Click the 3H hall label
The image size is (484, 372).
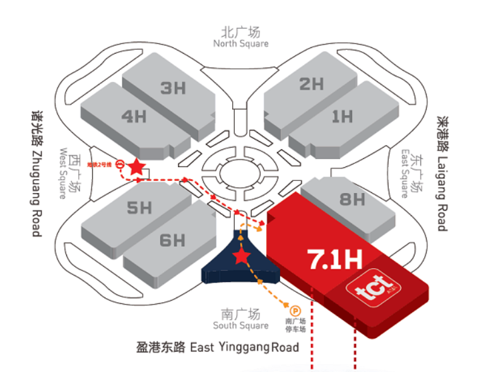[x=173, y=88]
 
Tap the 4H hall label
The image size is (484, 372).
[x=134, y=117]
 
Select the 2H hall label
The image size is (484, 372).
[x=311, y=84]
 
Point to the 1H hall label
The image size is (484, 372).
[x=342, y=116]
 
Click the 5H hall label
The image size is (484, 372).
[x=139, y=207]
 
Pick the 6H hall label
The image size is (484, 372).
[x=172, y=240]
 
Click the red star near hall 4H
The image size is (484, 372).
[x=136, y=167]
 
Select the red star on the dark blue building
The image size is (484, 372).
[x=240, y=256]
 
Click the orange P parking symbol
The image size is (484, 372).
[x=295, y=310]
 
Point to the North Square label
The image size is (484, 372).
[x=240, y=37]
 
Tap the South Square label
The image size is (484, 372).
[x=240, y=319]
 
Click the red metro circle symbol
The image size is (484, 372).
[x=119, y=162]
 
